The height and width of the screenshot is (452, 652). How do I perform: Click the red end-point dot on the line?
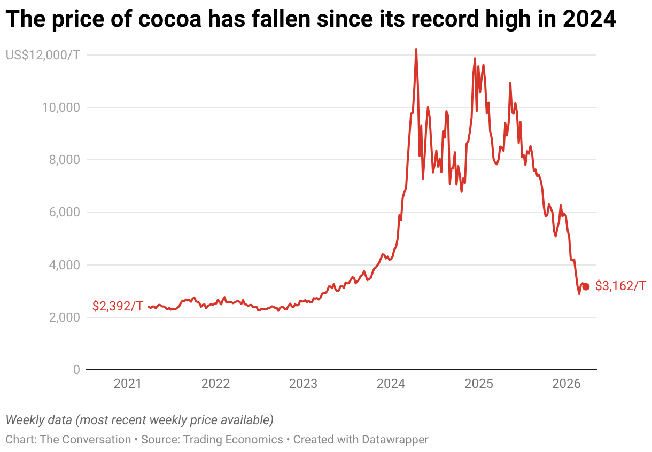coord(586,286)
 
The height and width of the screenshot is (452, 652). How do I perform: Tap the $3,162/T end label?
coord(620,286)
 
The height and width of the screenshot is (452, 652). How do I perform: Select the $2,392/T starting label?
coord(118,306)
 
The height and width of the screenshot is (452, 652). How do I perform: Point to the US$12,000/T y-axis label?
coord(42,55)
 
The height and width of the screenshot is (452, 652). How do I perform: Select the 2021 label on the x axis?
coord(128,384)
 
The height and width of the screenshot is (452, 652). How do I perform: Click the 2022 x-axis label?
coord(215,384)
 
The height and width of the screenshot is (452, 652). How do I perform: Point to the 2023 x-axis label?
coord(303,384)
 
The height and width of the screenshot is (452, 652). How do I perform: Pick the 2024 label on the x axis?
coord(391,384)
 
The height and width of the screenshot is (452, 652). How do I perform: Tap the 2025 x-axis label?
coord(478,384)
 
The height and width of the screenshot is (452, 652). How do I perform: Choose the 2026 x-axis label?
coord(566,384)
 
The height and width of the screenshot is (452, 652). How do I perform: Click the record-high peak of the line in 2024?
coord(416,49)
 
